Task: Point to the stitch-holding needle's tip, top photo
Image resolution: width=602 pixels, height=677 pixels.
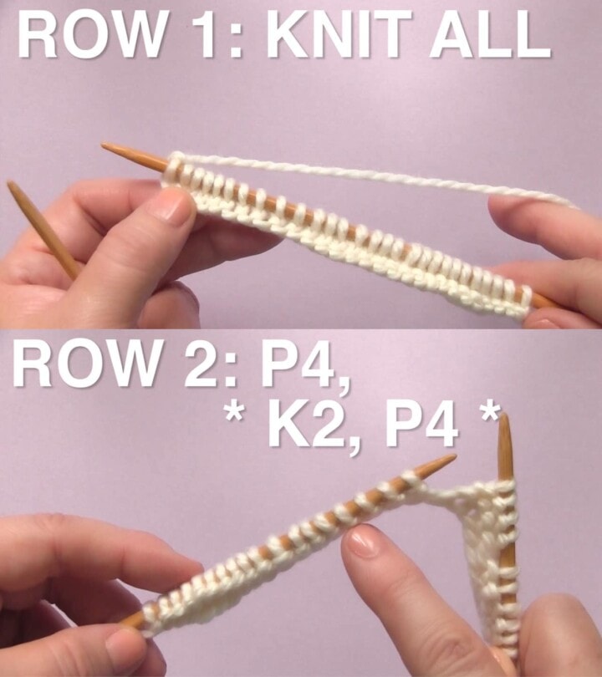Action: [105, 147]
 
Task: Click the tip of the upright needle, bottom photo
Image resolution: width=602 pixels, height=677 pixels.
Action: [504, 418]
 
